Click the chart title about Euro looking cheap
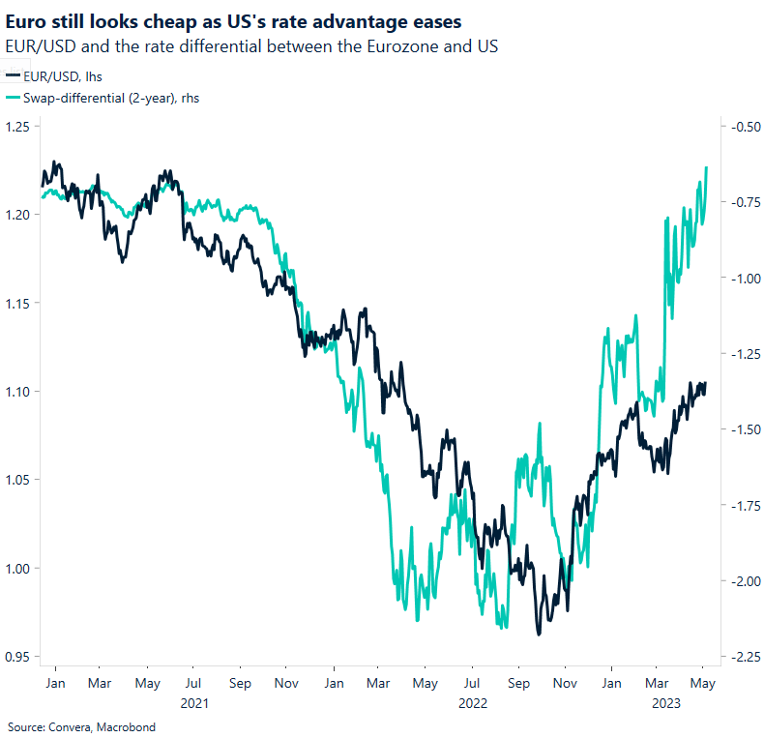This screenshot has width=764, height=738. (x=233, y=20)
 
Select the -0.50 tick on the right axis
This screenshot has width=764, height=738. (x=744, y=126)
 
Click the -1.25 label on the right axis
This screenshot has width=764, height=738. (x=744, y=354)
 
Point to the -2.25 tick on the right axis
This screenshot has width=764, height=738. (x=744, y=657)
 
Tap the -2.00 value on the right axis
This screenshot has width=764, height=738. (x=744, y=581)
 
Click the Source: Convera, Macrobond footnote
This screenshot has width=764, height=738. (x=81, y=726)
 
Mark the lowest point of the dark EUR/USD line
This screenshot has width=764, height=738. (x=539, y=635)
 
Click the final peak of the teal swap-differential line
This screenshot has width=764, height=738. (x=707, y=167)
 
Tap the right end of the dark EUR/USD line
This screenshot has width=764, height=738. (x=705, y=384)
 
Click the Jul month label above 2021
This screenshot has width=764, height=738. (x=193, y=682)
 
